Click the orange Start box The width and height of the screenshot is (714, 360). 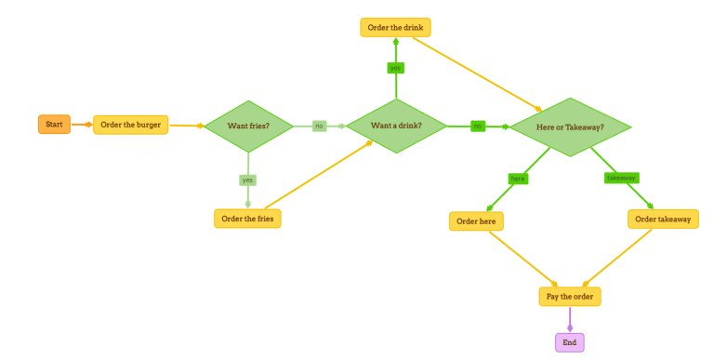point(54,124)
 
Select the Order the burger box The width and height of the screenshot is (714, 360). point(130,125)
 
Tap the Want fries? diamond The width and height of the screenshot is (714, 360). point(248,126)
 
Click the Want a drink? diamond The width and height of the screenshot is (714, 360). point(396,126)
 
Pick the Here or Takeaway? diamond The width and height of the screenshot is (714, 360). point(570,127)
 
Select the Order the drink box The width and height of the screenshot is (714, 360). point(395,27)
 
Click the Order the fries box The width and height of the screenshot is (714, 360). point(247,219)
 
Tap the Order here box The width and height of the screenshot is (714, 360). point(476,221)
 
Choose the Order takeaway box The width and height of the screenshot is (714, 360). point(663,219)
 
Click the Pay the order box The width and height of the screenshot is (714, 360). point(570,297)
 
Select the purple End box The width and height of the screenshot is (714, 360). point(570,342)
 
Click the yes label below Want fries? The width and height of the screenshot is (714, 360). point(248,180)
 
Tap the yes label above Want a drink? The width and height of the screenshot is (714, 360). point(396,68)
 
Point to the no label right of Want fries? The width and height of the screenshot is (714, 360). point(319,126)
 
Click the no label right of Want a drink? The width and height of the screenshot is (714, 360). point(478,126)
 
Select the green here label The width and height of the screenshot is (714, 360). point(518,178)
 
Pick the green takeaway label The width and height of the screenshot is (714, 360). point(621,178)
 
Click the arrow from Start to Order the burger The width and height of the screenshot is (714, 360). point(82,124)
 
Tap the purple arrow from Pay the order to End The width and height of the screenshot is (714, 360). point(570,319)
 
